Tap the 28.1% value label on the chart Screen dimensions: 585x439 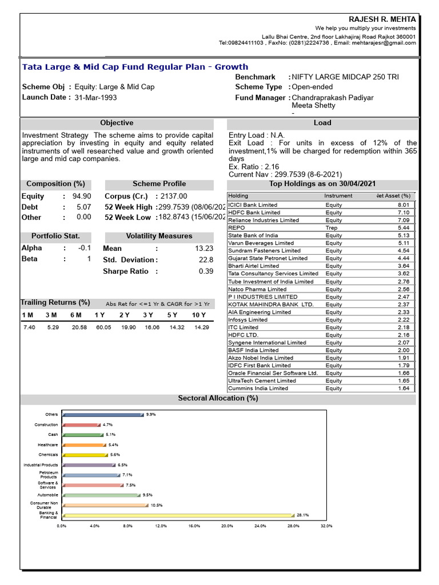click(x=303, y=515)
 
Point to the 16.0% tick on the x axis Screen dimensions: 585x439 click(x=194, y=526)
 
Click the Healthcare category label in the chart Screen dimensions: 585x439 click(x=47, y=444)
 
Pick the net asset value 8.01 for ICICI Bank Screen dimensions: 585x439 click(x=404, y=205)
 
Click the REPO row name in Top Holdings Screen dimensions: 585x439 click(x=236, y=228)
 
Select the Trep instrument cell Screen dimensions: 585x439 click(x=332, y=228)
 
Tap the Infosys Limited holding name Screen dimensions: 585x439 click(x=248, y=320)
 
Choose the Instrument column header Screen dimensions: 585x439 click(x=338, y=196)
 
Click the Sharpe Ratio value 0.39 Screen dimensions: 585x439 click(x=206, y=271)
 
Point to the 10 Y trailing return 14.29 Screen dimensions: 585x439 click(x=202, y=327)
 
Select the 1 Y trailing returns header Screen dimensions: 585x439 click(x=99, y=315)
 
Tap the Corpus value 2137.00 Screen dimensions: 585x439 click(x=174, y=197)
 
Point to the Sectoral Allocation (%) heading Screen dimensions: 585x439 click(x=218, y=398)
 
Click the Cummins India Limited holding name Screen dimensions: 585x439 click(x=258, y=388)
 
